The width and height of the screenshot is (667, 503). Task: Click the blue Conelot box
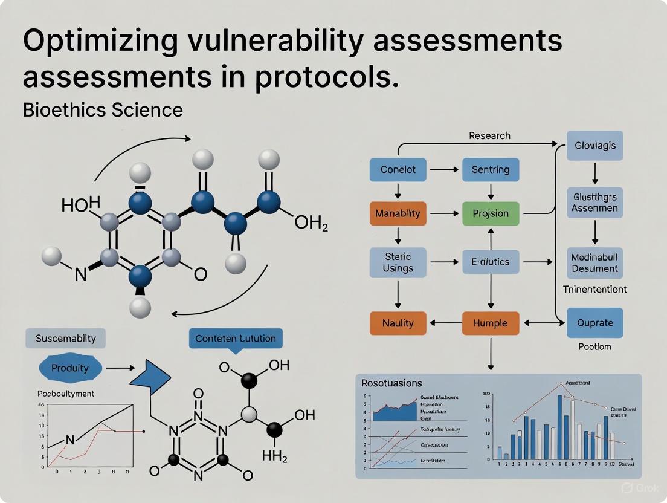[398, 170]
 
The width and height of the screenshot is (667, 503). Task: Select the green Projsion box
[490, 213]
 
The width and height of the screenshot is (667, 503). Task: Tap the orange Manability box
[398, 213]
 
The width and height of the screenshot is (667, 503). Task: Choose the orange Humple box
[490, 323]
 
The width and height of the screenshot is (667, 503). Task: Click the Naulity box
[398, 323]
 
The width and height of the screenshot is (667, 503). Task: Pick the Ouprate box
[594, 323]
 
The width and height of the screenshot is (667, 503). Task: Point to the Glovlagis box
[595, 146]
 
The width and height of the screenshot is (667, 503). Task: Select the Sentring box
[490, 170]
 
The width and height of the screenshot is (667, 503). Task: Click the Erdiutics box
[490, 262]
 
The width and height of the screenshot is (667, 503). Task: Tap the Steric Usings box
[398, 262]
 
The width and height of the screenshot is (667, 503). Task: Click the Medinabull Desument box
[594, 262]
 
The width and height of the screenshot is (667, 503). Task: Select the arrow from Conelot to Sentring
[444, 170]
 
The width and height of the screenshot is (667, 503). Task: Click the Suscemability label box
[65, 338]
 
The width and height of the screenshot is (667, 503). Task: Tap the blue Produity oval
[69, 368]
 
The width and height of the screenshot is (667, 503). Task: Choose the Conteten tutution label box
[235, 338]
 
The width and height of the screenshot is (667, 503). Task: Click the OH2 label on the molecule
[311, 225]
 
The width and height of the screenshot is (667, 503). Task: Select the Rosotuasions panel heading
[391, 383]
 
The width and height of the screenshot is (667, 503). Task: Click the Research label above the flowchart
[489, 135]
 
